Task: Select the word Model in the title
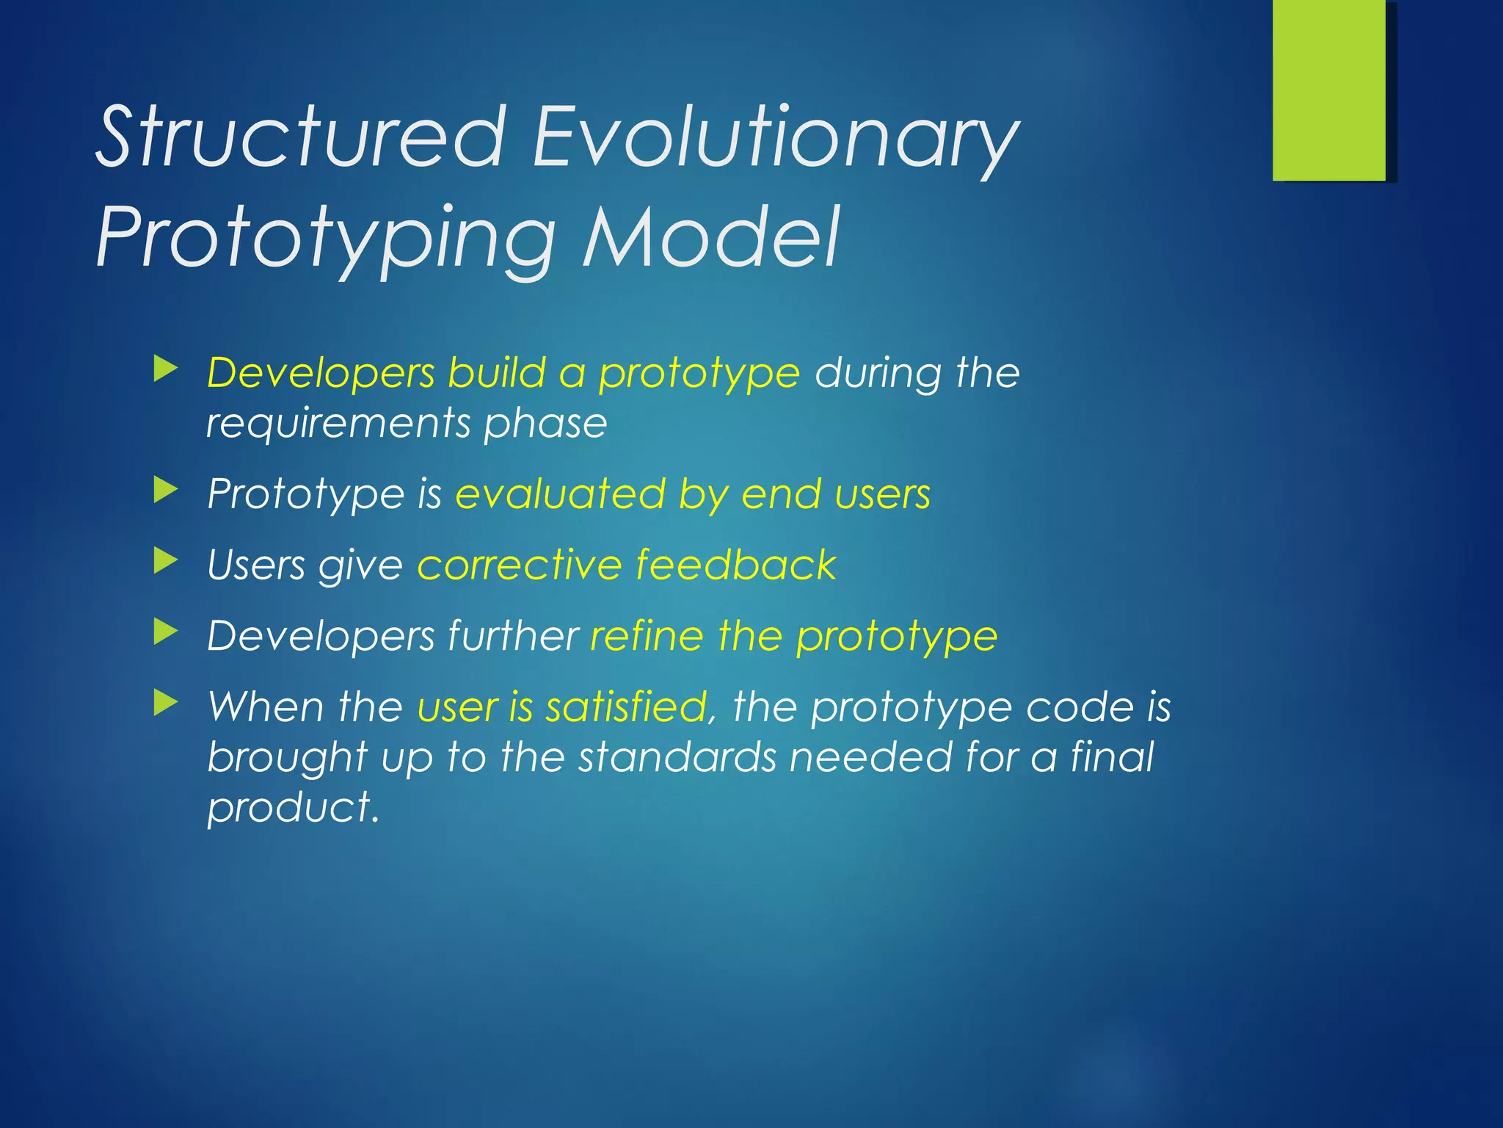(x=710, y=238)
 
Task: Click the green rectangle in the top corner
(x=1329, y=90)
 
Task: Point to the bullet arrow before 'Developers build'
(x=166, y=369)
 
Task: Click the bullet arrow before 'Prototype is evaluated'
(x=166, y=490)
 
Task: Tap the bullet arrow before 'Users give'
(x=166, y=562)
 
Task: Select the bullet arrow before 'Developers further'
(x=166, y=632)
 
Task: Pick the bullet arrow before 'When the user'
(x=166, y=704)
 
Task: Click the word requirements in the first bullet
(x=338, y=424)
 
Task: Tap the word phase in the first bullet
(x=545, y=424)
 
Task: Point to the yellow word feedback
(x=735, y=565)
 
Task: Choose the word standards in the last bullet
(x=677, y=757)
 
